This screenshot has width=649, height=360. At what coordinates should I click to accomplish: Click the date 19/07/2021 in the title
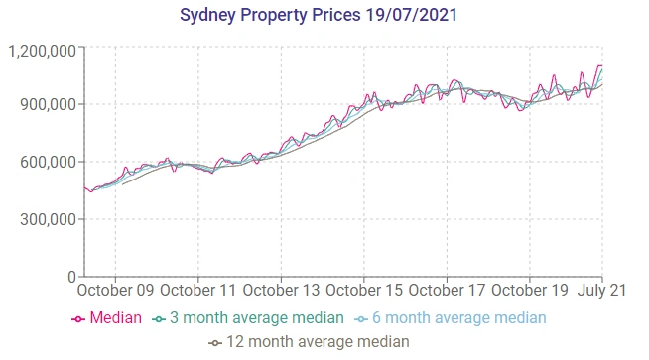pos(421,17)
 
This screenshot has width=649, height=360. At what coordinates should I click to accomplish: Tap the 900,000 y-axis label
pos(49,105)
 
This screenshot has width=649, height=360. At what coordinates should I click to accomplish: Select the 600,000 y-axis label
pos(49,162)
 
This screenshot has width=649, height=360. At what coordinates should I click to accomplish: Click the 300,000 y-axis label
pos(49,219)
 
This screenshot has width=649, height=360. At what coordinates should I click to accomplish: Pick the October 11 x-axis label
pos(197,292)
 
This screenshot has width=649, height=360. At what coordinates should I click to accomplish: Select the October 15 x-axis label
pos(363,292)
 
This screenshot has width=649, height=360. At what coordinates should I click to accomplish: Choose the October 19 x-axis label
pos(529,292)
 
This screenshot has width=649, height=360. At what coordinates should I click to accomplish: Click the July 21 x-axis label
pos(602,292)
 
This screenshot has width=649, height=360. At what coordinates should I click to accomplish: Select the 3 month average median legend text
pos(257,318)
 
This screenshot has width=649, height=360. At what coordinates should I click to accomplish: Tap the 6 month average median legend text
pos(459,318)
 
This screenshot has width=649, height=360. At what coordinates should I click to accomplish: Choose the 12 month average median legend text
pos(319,342)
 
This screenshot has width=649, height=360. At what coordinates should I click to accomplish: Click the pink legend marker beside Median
pos(79,319)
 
